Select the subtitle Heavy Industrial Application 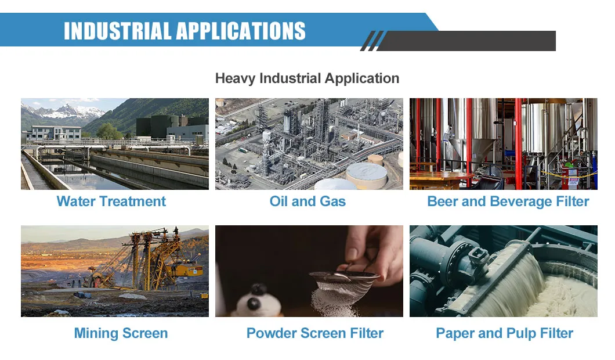tap(307, 78)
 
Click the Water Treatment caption tap(111, 201)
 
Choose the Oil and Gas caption tap(307, 201)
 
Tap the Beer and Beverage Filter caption tap(508, 201)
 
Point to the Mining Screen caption tap(121, 333)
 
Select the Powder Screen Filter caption tap(314, 333)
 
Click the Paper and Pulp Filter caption tap(504, 333)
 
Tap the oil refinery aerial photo tap(309, 143)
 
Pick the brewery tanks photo tap(503, 143)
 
